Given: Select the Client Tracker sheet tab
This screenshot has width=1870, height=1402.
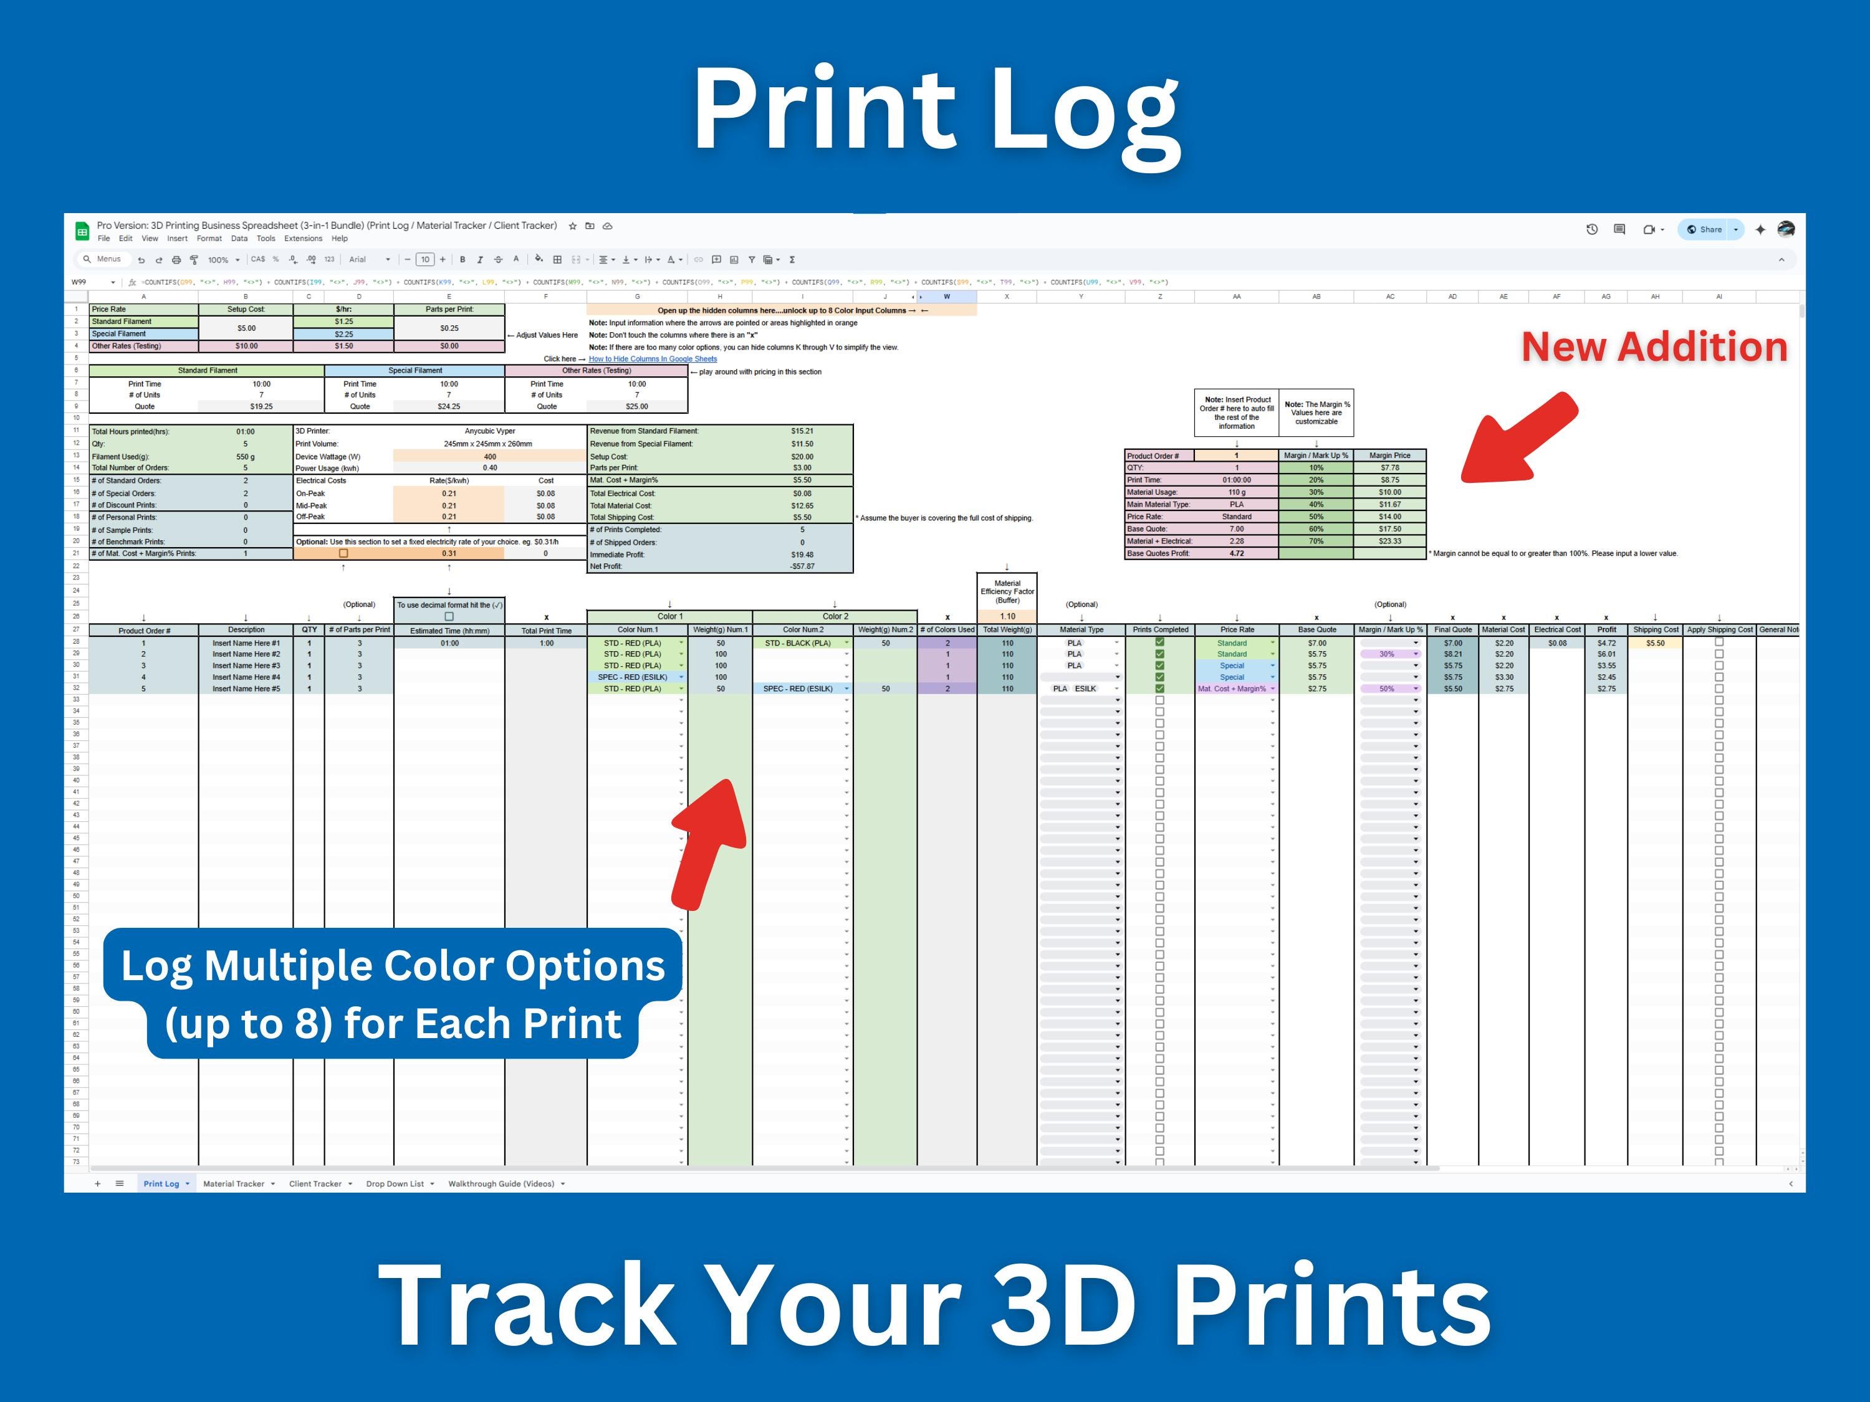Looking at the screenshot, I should [315, 1184].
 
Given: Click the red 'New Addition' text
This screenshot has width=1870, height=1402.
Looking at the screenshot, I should [1654, 347].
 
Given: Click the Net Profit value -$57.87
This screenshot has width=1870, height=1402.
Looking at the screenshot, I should [802, 566].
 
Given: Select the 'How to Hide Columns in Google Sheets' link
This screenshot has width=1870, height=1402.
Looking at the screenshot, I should [653, 359].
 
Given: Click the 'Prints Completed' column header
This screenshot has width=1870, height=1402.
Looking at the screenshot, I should [1160, 629].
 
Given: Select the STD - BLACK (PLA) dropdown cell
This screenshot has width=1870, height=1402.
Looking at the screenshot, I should [800, 643].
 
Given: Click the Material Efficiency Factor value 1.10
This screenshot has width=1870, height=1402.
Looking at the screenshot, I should [1007, 617].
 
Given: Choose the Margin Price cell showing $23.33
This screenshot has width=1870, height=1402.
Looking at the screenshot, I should [1390, 541].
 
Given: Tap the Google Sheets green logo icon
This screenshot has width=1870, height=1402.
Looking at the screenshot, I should [82, 231].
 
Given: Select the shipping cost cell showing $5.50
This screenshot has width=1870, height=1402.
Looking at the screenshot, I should [1654, 643].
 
